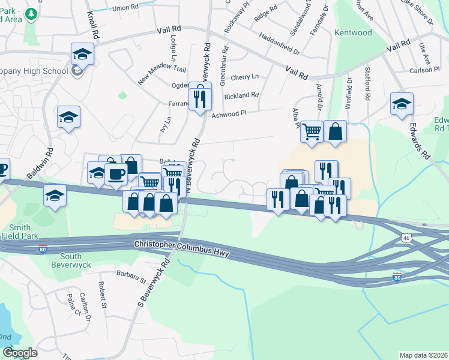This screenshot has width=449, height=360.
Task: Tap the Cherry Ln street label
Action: [x=244, y=77]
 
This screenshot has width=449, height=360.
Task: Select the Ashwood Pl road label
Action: [x=229, y=113]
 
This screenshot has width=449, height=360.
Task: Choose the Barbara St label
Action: [x=131, y=279]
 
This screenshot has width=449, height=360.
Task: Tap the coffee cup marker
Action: [x=116, y=174]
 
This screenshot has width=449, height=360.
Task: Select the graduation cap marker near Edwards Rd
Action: [x=402, y=104]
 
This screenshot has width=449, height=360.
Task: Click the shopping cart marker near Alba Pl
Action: [x=312, y=131]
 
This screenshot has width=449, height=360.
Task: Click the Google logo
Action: [x=20, y=353]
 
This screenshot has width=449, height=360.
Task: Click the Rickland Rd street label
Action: [x=241, y=95]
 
